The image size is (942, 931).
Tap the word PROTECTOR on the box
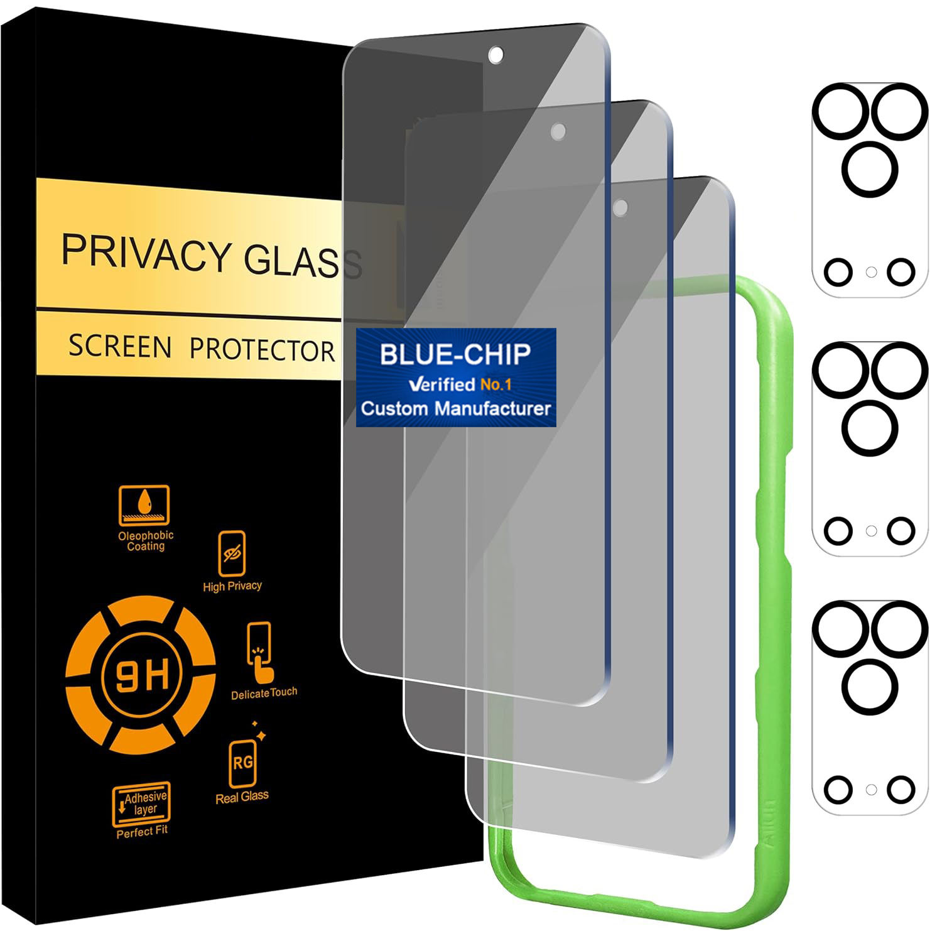pyautogui.click(x=262, y=349)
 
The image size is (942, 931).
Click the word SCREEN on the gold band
pyautogui.click(x=119, y=346)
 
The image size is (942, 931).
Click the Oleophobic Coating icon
pyautogui.click(x=144, y=505)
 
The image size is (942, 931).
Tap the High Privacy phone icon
pyautogui.click(x=232, y=553)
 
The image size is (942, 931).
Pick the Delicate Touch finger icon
pyautogui.click(x=260, y=653)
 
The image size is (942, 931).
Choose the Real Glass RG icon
pyautogui.click(x=242, y=763)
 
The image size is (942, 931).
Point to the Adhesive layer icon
pyautogui.click(x=141, y=803)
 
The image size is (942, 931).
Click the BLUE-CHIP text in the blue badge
pyautogui.click(x=455, y=354)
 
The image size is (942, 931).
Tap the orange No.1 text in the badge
pyautogui.click(x=495, y=384)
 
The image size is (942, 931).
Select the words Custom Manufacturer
pyautogui.click(x=455, y=408)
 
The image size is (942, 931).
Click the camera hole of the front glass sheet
pyautogui.click(x=495, y=55)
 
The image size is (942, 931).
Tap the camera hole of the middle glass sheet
pyautogui.click(x=558, y=132)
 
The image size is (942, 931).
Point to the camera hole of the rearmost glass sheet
pyautogui.click(x=620, y=208)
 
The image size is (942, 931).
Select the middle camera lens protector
pyautogui.click(x=870, y=449)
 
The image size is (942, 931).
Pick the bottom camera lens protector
pyautogui.click(x=870, y=707)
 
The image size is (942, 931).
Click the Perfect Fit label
pyautogui.click(x=142, y=832)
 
